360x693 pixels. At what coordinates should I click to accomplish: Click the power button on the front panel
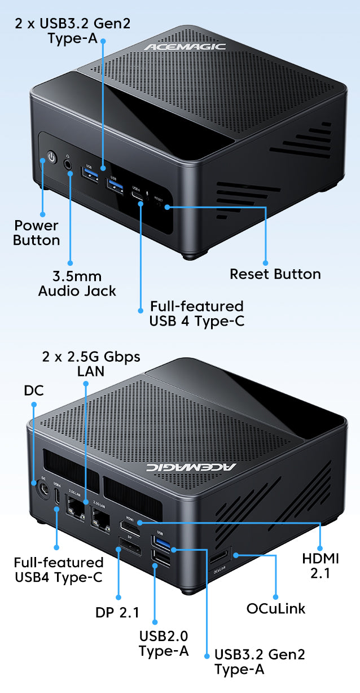point(51,157)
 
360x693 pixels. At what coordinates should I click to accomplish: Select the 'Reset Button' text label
point(275,274)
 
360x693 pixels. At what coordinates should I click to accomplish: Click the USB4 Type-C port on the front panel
point(137,196)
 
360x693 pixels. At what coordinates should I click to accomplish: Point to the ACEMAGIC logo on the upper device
point(185,46)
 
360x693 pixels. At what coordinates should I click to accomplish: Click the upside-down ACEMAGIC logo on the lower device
point(191,467)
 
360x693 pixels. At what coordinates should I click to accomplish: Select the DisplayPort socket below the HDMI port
point(130,546)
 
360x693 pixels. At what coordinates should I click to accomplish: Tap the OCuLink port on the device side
point(219,557)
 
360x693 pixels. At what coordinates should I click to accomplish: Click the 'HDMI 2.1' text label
point(321,566)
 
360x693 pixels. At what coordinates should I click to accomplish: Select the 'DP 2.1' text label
point(117,612)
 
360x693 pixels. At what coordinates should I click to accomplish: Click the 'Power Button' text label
point(37,233)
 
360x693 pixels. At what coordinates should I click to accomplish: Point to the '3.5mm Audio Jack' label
point(77,284)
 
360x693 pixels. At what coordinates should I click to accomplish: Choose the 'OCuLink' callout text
point(276,608)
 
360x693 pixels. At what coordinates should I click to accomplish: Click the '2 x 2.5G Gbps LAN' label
point(91,364)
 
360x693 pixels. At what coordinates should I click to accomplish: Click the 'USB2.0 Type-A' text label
point(164,643)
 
